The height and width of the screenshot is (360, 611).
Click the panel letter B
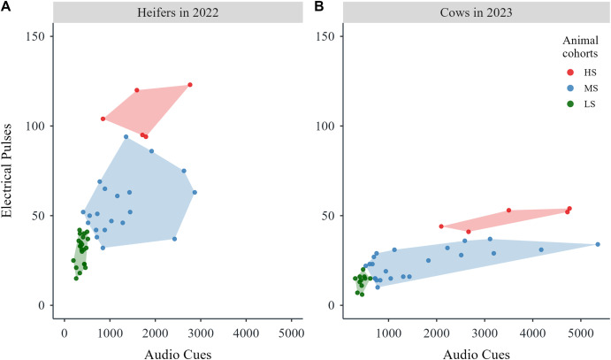(305, 8)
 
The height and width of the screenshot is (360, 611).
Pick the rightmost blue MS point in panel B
(598, 244)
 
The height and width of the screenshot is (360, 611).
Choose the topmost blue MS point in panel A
(126, 136)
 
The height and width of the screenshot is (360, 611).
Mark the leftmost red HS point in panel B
(441, 226)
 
